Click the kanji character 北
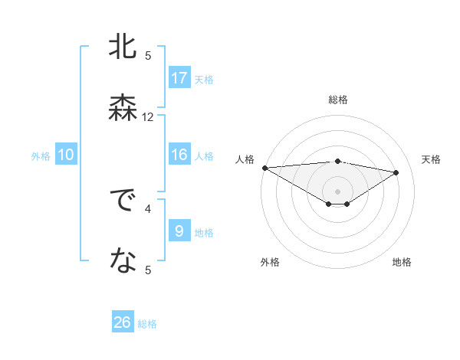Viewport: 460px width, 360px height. pyautogui.click(x=122, y=47)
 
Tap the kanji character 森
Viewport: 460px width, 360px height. pyautogui.click(x=122, y=106)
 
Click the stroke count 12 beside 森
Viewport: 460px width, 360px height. pyautogui.click(x=148, y=117)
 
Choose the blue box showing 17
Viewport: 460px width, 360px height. pyautogui.click(x=179, y=78)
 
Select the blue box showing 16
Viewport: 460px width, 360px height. pyautogui.click(x=179, y=155)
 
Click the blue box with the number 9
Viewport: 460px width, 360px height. pyautogui.click(x=179, y=231)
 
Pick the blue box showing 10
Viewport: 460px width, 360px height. pyautogui.click(x=66, y=155)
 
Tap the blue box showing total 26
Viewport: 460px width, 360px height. pyautogui.click(x=123, y=322)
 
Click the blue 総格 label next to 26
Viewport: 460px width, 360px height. pyautogui.click(x=148, y=324)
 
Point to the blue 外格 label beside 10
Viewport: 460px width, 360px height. pyautogui.click(x=41, y=156)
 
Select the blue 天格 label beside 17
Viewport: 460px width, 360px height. pyautogui.click(x=204, y=80)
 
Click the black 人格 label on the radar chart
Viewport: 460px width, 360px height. pyautogui.click(x=245, y=159)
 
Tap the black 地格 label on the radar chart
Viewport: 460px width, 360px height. pyautogui.click(x=402, y=262)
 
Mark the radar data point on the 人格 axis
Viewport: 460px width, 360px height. pyautogui.click(x=264, y=167)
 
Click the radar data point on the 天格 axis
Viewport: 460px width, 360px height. pyautogui.click(x=396, y=172)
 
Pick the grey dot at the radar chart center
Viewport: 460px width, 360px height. pyautogui.click(x=337, y=191)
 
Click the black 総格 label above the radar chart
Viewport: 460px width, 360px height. pyautogui.click(x=337, y=100)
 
